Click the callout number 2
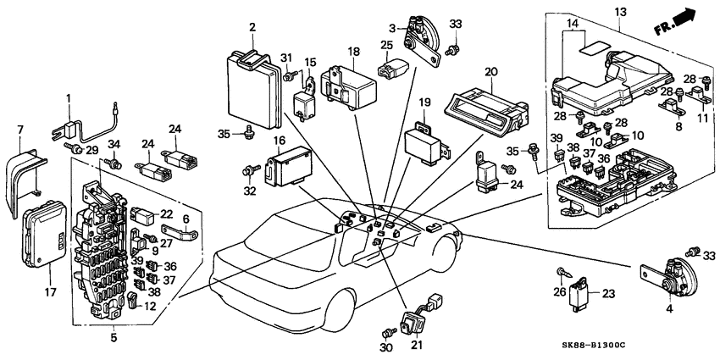click(252, 28)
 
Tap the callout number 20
click(489, 72)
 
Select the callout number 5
click(114, 338)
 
